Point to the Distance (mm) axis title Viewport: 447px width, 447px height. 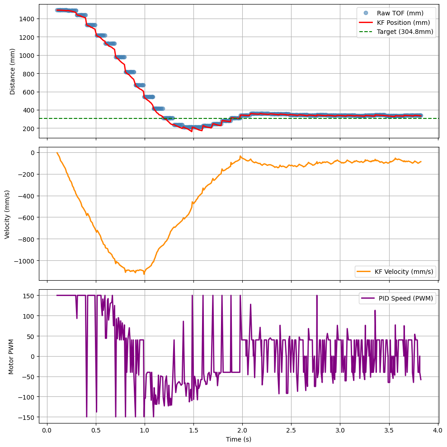(12, 71)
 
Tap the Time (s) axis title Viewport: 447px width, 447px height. (238, 439)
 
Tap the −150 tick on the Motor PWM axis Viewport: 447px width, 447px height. (29, 417)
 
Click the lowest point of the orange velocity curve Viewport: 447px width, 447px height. (144, 274)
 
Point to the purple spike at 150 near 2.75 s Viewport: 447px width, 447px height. (317, 296)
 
